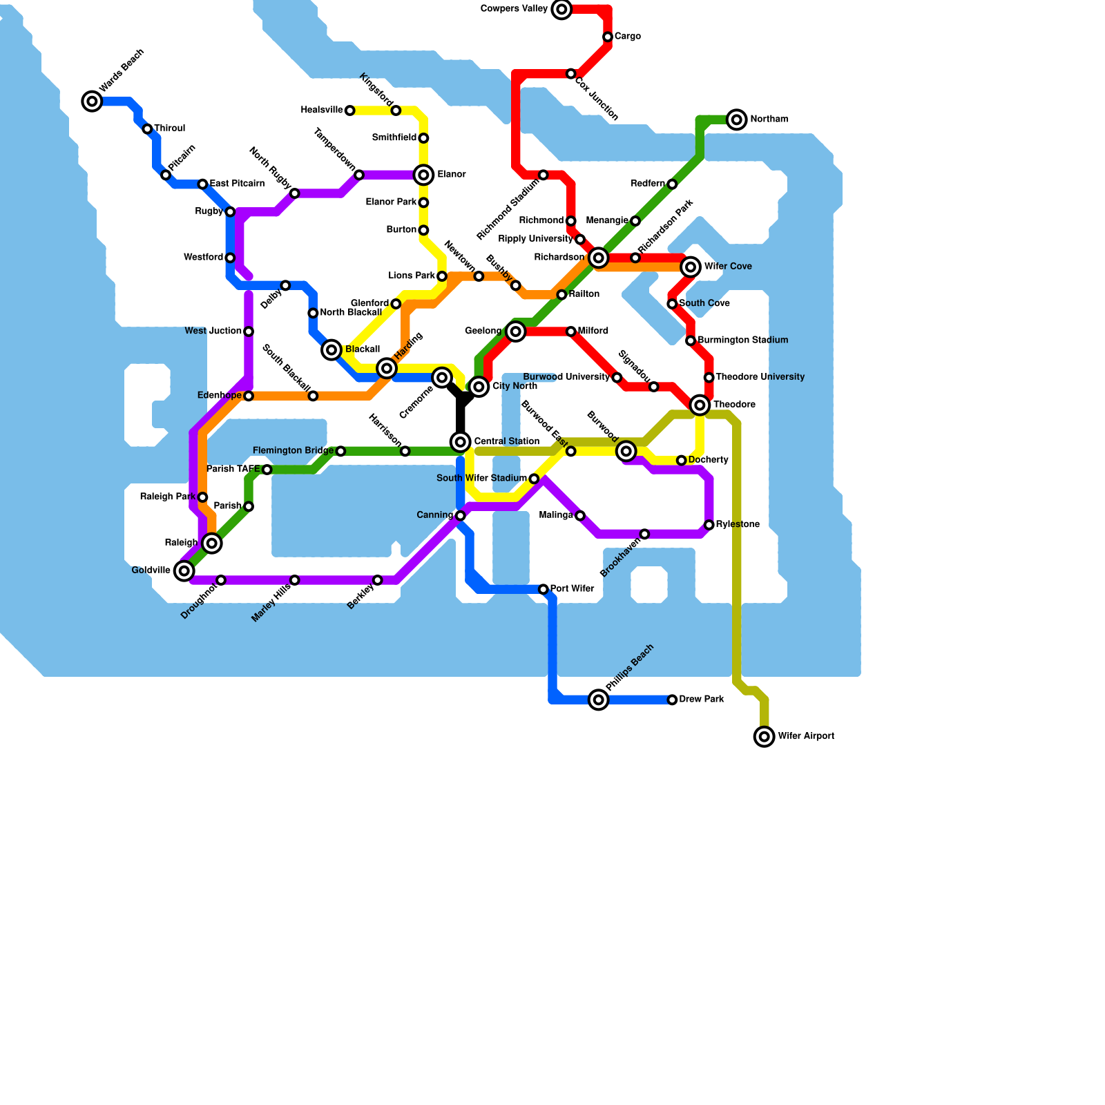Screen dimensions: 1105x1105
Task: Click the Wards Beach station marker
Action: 92,102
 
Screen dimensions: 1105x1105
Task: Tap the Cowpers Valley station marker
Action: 561,9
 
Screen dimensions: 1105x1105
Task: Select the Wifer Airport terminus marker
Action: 764,737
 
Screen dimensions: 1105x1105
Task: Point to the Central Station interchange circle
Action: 461,442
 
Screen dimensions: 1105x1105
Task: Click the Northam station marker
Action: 737,119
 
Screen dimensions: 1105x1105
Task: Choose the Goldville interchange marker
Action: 184,570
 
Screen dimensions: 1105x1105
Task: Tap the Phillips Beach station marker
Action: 599,700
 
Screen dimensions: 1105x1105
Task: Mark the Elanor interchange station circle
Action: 423,175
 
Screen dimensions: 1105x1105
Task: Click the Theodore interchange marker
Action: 700,405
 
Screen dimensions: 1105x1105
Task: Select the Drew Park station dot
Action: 672,700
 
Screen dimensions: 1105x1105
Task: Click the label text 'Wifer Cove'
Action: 728,267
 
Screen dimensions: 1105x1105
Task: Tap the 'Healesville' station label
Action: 322,110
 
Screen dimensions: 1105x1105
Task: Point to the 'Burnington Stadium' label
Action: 742,340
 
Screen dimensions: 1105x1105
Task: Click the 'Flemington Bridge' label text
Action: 293,451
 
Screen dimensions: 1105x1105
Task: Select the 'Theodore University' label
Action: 760,377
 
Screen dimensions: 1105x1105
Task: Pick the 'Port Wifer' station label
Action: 572,589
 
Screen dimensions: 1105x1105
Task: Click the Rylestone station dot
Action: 709,525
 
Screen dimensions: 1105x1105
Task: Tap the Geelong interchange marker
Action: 515,331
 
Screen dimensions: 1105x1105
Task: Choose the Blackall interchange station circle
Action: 331,349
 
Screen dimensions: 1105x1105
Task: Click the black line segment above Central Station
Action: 461,414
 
